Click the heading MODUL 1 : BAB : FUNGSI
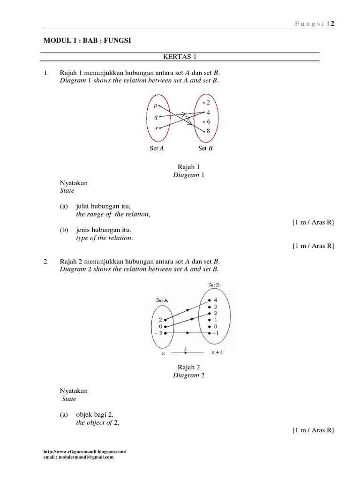(x=88, y=41)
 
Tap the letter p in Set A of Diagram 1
(x=155, y=106)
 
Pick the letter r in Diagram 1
(x=156, y=127)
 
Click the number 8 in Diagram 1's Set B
(x=208, y=131)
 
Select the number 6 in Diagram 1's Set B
(x=208, y=122)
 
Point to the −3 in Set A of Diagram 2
(x=157, y=333)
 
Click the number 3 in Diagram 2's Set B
(x=215, y=307)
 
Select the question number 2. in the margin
(x=46, y=261)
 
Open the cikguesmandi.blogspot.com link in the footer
(x=84, y=451)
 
